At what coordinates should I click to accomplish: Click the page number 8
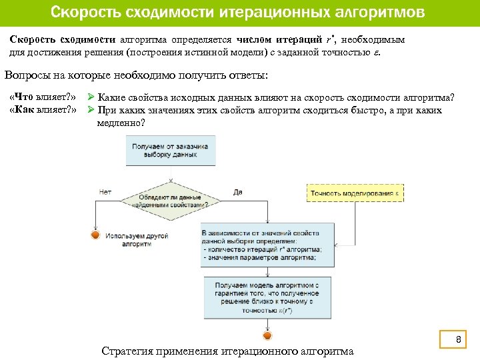click(458, 341)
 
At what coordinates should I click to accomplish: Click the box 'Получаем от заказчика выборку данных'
click(170, 150)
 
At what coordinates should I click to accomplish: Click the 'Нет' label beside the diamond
click(105, 192)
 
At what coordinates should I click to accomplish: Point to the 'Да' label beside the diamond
click(238, 192)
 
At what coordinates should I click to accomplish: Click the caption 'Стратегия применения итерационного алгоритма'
click(227, 351)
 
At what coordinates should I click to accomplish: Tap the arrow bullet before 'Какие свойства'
click(93, 98)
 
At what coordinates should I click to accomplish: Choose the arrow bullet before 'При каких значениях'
click(93, 110)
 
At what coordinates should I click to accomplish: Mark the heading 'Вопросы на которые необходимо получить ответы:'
click(136, 75)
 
